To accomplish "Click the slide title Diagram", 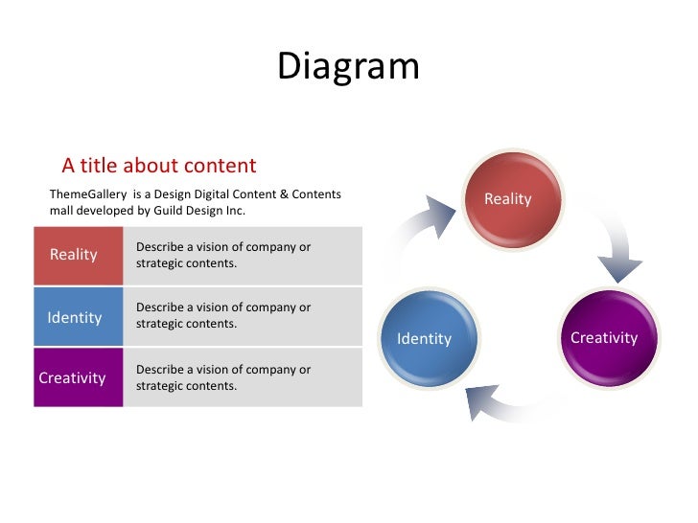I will (x=348, y=67).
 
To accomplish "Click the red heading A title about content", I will (x=159, y=166).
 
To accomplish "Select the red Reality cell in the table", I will (x=78, y=255).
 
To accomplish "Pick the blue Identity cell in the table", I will (x=78, y=317).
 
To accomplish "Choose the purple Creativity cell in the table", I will (x=78, y=377).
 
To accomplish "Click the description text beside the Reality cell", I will (x=223, y=255).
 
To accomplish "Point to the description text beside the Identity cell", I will (x=223, y=316).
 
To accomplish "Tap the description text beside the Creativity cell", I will (x=223, y=377).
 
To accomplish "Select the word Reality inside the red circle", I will (x=507, y=199).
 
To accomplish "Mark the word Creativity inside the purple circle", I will (x=604, y=337).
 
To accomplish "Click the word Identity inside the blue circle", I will (x=424, y=339).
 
